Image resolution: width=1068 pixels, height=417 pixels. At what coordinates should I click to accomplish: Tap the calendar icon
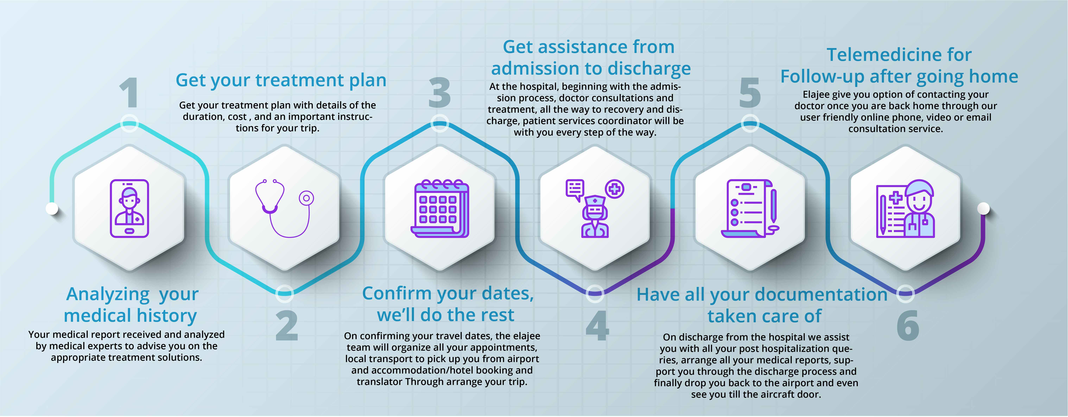click(439, 208)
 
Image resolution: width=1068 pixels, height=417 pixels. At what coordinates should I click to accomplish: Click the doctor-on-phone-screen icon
click(129, 208)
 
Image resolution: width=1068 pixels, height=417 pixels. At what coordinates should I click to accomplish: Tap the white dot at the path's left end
click(52, 208)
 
